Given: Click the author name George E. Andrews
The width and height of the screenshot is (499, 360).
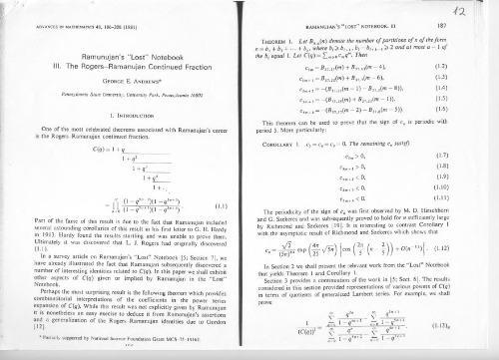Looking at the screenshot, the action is [127, 78].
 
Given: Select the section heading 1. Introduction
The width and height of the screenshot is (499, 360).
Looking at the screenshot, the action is [127, 113].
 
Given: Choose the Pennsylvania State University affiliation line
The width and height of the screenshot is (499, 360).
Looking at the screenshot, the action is [127, 91].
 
